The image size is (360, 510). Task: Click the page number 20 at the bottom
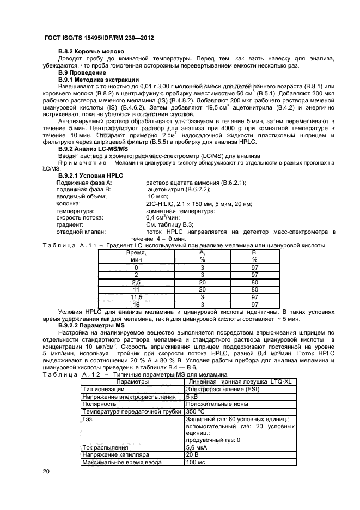click(x=46, y=472)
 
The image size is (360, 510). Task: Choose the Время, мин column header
click(x=136, y=257)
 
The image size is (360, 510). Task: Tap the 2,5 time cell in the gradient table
click(x=136, y=282)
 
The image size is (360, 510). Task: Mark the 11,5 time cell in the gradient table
click(x=136, y=297)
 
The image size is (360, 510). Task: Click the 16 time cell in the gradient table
click(x=136, y=305)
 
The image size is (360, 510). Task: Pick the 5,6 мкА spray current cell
click(x=198, y=446)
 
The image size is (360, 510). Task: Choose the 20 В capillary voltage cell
click(x=193, y=454)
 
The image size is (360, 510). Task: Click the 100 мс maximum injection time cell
click(x=196, y=462)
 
